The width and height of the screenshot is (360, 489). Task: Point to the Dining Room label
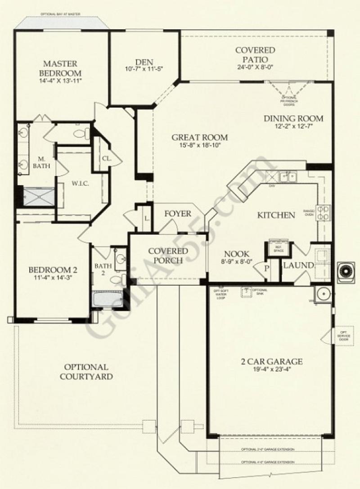pos(293,119)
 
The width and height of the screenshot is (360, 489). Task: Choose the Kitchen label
pos(276,215)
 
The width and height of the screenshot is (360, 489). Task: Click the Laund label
pos(298,265)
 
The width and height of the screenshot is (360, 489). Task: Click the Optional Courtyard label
pos(85,372)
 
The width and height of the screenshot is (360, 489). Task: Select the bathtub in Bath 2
pos(107,299)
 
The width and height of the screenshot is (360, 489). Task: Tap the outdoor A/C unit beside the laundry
pos(347,271)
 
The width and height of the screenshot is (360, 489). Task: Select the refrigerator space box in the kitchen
pos(275,247)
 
